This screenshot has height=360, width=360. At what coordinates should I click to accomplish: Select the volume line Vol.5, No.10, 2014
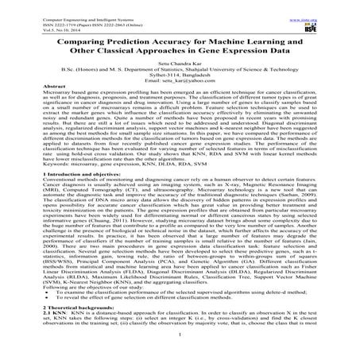point(36,18)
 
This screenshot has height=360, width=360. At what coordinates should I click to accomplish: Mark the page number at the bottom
point(180,357)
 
